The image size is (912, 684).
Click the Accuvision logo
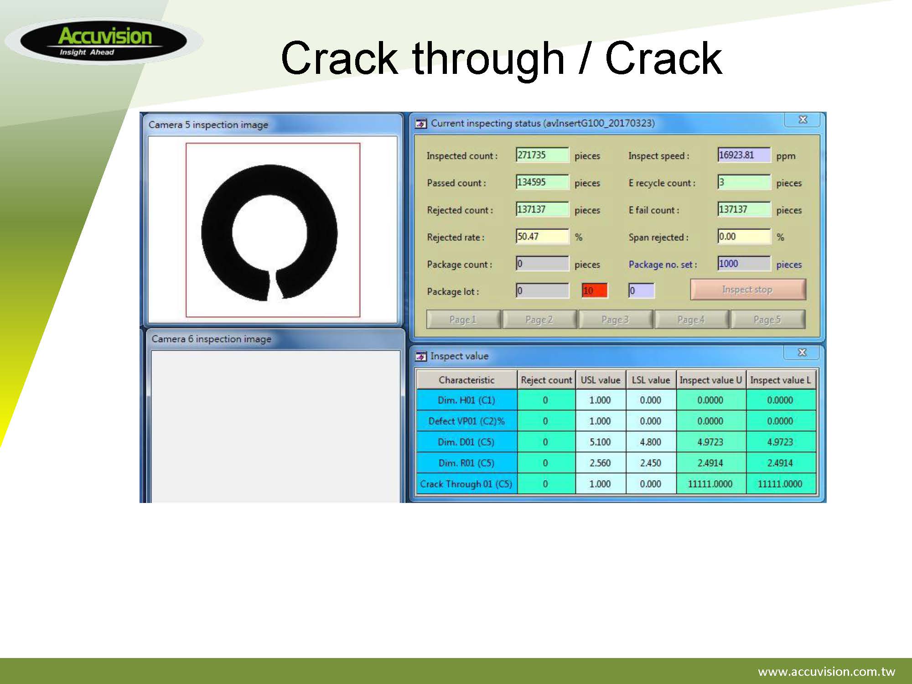point(104,41)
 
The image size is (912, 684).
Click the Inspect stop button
point(748,290)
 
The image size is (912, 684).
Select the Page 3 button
point(615,319)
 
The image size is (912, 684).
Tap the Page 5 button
point(767,319)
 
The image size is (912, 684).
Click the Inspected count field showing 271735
point(542,155)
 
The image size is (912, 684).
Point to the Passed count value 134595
point(542,182)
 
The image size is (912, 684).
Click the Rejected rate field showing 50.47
point(542,237)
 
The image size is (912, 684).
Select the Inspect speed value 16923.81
point(744,155)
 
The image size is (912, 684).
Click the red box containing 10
point(595,290)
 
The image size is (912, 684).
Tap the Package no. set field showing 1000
point(744,264)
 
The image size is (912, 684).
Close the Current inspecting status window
point(803,119)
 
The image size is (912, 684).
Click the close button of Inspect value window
point(802,352)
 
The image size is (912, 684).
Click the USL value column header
point(601,380)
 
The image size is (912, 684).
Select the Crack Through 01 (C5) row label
point(466,484)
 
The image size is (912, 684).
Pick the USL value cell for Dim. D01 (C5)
point(601,442)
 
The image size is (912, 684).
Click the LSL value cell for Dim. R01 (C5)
point(651,463)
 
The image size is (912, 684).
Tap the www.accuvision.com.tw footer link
point(826,671)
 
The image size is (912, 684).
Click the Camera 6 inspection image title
point(212,339)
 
